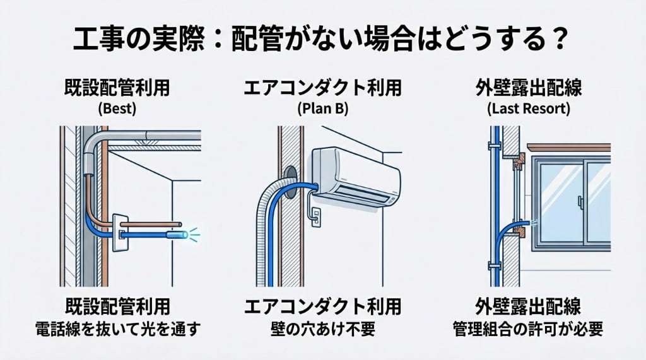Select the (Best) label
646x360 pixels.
tap(117, 108)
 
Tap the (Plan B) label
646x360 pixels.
tap(322, 108)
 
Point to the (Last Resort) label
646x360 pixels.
tap(529, 108)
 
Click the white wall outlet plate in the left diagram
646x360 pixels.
tap(120, 232)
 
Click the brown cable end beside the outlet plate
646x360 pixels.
tap(179, 224)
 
